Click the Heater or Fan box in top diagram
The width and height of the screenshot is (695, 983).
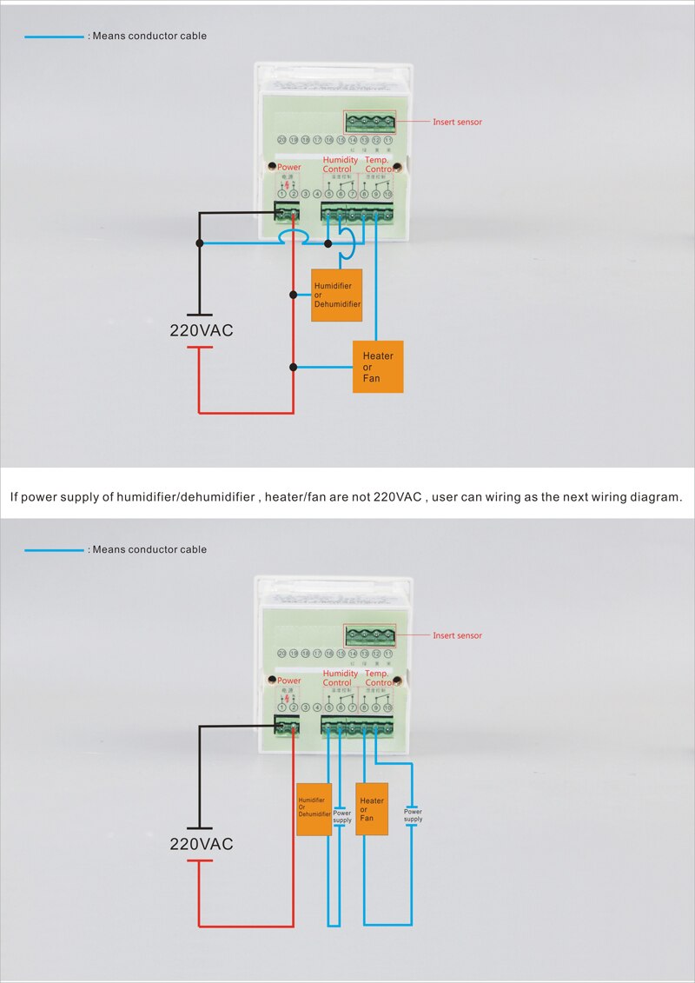pyautogui.click(x=378, y=367)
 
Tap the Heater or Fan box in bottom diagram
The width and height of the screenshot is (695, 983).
pyautogui.click(x=372, y=809)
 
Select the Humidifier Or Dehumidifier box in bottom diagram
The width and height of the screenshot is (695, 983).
pyautogui.click(x=314, y=809)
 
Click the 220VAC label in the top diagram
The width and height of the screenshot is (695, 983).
pyautogui.click(x=202, y=331)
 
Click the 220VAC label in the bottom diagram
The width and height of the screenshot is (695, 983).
pyautogui.click(x=202, y=844)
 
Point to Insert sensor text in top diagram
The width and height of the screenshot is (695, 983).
pyautogui.click(x=457, y=123)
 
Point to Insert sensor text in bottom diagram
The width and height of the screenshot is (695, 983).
pyautogui.click(x=457, y=635)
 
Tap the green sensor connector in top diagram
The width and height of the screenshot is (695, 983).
pyautogui.click(x=369, y=121)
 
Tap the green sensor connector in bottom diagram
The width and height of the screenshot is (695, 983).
pyautogui.click(x=369, y=634)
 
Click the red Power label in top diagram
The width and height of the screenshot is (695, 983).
pyautogui.click(x=289, y=167)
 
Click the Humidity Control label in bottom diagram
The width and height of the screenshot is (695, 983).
pyautogui.click(x=340, y=678)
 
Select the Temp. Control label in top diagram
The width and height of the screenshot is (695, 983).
pyautogui.click(x=379, y=165)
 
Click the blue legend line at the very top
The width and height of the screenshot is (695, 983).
pyautogui.click(x=54, y=37)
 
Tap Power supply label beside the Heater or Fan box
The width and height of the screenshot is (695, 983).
pyautogui.click(x=414, y=815)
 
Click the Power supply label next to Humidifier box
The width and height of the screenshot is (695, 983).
pyautogui.click(x=342, y=817)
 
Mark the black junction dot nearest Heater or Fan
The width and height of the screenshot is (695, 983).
pyautogui.click(x=294, y=367)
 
